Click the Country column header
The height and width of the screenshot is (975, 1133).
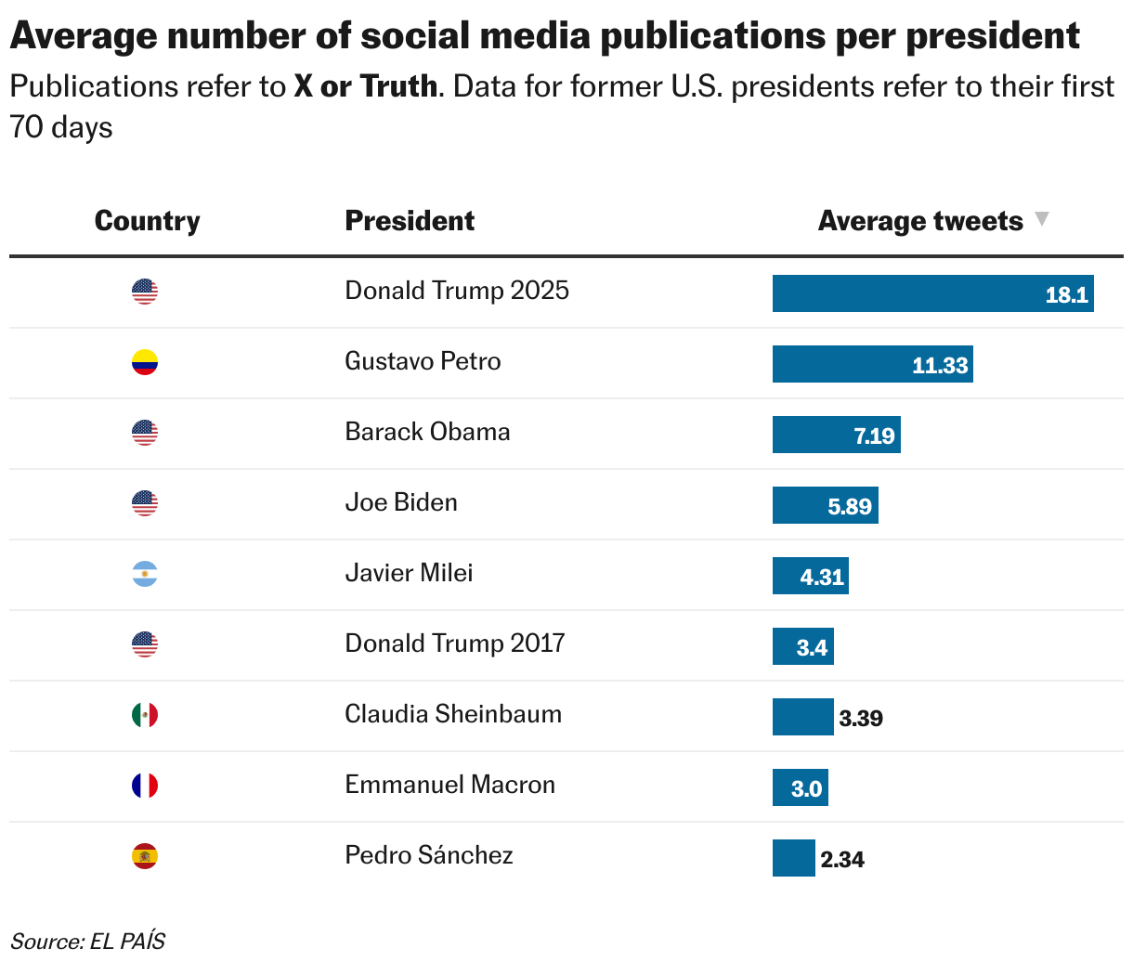[x=147, y=221]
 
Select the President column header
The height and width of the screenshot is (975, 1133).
[x=410, y=221]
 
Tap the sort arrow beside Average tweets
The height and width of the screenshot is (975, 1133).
[x=1042, y=219]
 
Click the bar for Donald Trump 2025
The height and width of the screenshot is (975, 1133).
[x=932, y=293]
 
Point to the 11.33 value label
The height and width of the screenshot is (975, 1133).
[x=940, y=365]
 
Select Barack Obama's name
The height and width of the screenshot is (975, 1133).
[x=427, y=432]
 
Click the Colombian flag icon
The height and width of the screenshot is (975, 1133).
[x=145, y=362]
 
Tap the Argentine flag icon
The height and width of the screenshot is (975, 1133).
[x=145, y=574]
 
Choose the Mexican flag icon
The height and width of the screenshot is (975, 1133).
[x=145, y=715]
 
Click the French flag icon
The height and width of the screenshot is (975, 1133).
[x=145, y=786]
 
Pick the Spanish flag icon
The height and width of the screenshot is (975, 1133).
[x=145, y=856]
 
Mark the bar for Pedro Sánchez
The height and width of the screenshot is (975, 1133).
[x=793, y=858]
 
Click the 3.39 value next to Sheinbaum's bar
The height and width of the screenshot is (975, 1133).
[x=861, y=719]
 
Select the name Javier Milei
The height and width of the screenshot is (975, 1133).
[x=409, y=573]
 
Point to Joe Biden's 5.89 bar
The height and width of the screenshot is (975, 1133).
[x=825, y=506]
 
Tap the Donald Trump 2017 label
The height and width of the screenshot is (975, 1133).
[x=455, y=643]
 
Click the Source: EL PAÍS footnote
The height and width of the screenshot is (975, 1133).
[x=88, y=942]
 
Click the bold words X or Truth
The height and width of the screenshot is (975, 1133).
[x=365, y=86]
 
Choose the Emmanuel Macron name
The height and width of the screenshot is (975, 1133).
[x=449, y=785]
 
